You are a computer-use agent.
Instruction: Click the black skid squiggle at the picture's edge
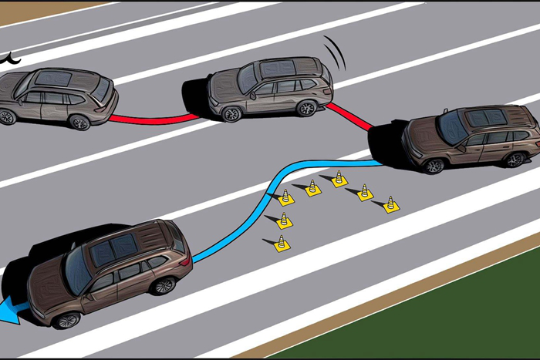click(11, 56)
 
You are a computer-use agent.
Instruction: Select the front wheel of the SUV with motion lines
click(231, 114)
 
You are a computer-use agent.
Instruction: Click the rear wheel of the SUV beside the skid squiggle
click(79, 122)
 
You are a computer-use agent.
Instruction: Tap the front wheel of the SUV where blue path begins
click(434, 165)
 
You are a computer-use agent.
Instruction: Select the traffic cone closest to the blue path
click(285, 197)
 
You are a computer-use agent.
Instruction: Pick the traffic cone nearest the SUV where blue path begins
click(391, 204)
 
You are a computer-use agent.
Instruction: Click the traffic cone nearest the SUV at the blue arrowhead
click(282, 244)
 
